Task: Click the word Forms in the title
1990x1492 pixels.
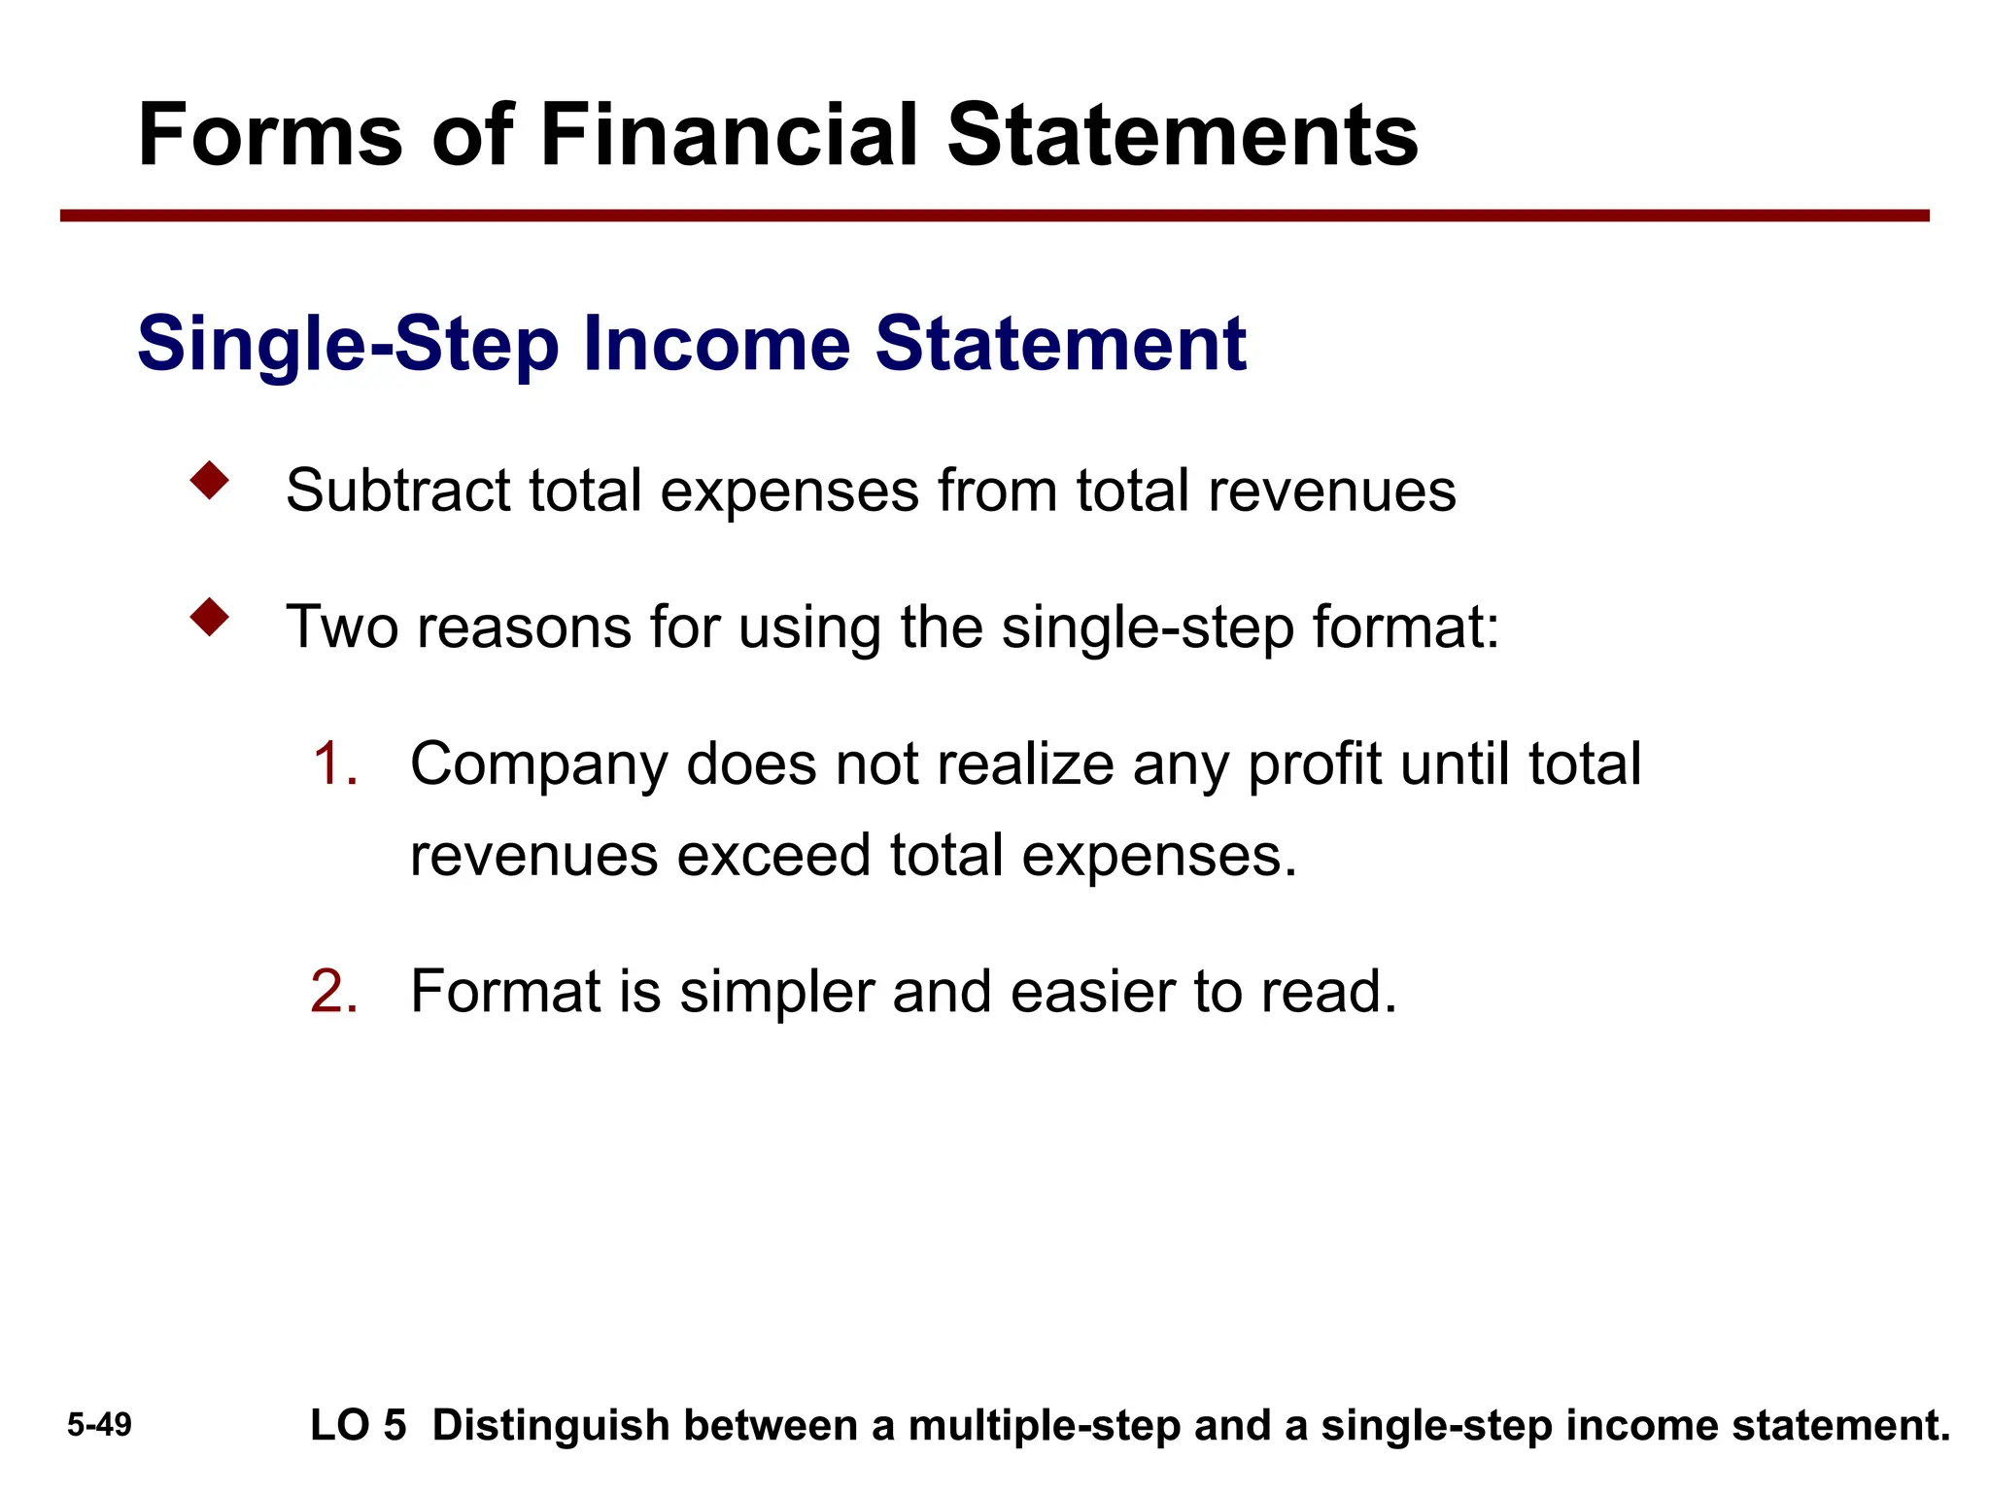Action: tap(270, 136)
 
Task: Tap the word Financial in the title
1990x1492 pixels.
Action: tap(728, 136)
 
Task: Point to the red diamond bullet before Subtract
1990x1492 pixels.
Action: tap(210, 481)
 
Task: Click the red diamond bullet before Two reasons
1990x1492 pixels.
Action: tap(210, 618)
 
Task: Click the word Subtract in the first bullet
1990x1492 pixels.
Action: tap(397, 491)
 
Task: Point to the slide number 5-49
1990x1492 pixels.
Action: tap(99, 1425)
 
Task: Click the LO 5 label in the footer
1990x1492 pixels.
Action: tap(358, 1426)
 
